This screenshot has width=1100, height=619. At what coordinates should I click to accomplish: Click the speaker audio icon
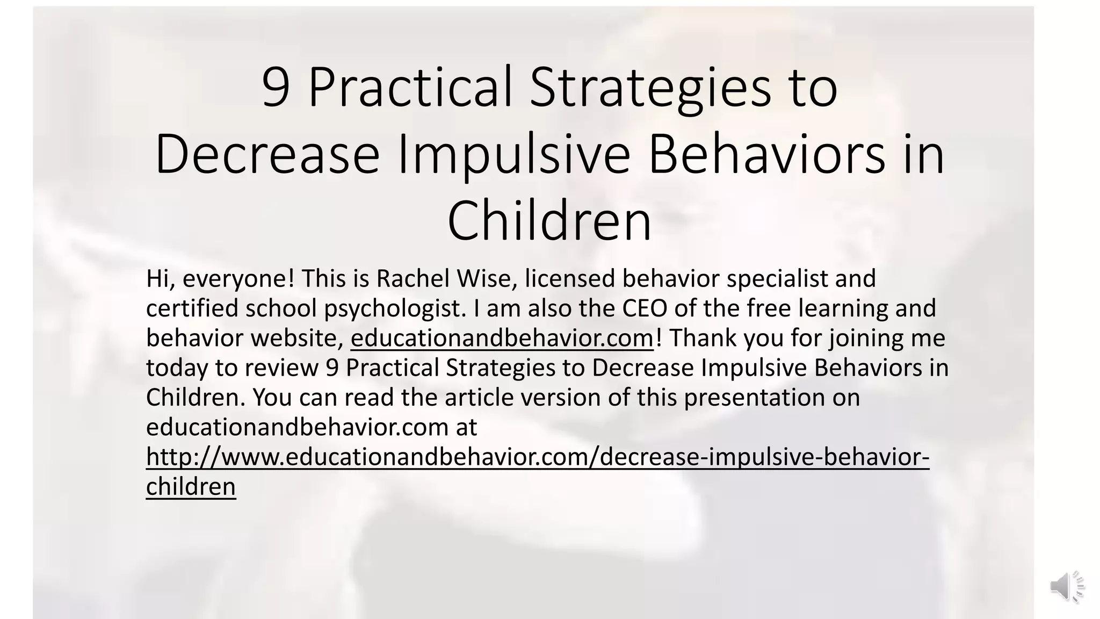click(1066, 586)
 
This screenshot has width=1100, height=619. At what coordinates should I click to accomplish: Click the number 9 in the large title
click(276, 88)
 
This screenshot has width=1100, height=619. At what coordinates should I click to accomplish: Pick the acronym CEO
click(645, 308)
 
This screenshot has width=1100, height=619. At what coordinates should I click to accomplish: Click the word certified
click(193, 308)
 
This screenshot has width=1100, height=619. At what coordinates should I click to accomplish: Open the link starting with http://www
click(537, 457)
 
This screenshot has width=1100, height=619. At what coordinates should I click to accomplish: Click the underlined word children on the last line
click(191, 487)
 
